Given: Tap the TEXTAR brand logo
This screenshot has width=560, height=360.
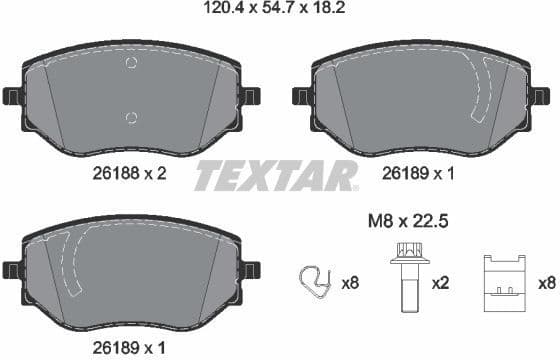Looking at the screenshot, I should [275, 176].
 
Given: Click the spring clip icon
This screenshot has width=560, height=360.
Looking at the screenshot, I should [316, 283].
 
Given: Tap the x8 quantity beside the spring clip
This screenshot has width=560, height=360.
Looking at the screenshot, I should [350, 284].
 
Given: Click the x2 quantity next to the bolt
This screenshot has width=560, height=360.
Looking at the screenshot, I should [439, 284].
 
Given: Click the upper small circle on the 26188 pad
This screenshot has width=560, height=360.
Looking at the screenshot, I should [130, 65].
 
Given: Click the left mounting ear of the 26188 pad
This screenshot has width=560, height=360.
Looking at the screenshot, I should [11, 97].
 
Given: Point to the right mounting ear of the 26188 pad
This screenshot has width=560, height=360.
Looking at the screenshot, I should [250, 97].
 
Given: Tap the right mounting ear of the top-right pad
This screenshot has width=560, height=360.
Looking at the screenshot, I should [541, 97].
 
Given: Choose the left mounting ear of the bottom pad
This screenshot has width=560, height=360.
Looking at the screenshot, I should [11, 270].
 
